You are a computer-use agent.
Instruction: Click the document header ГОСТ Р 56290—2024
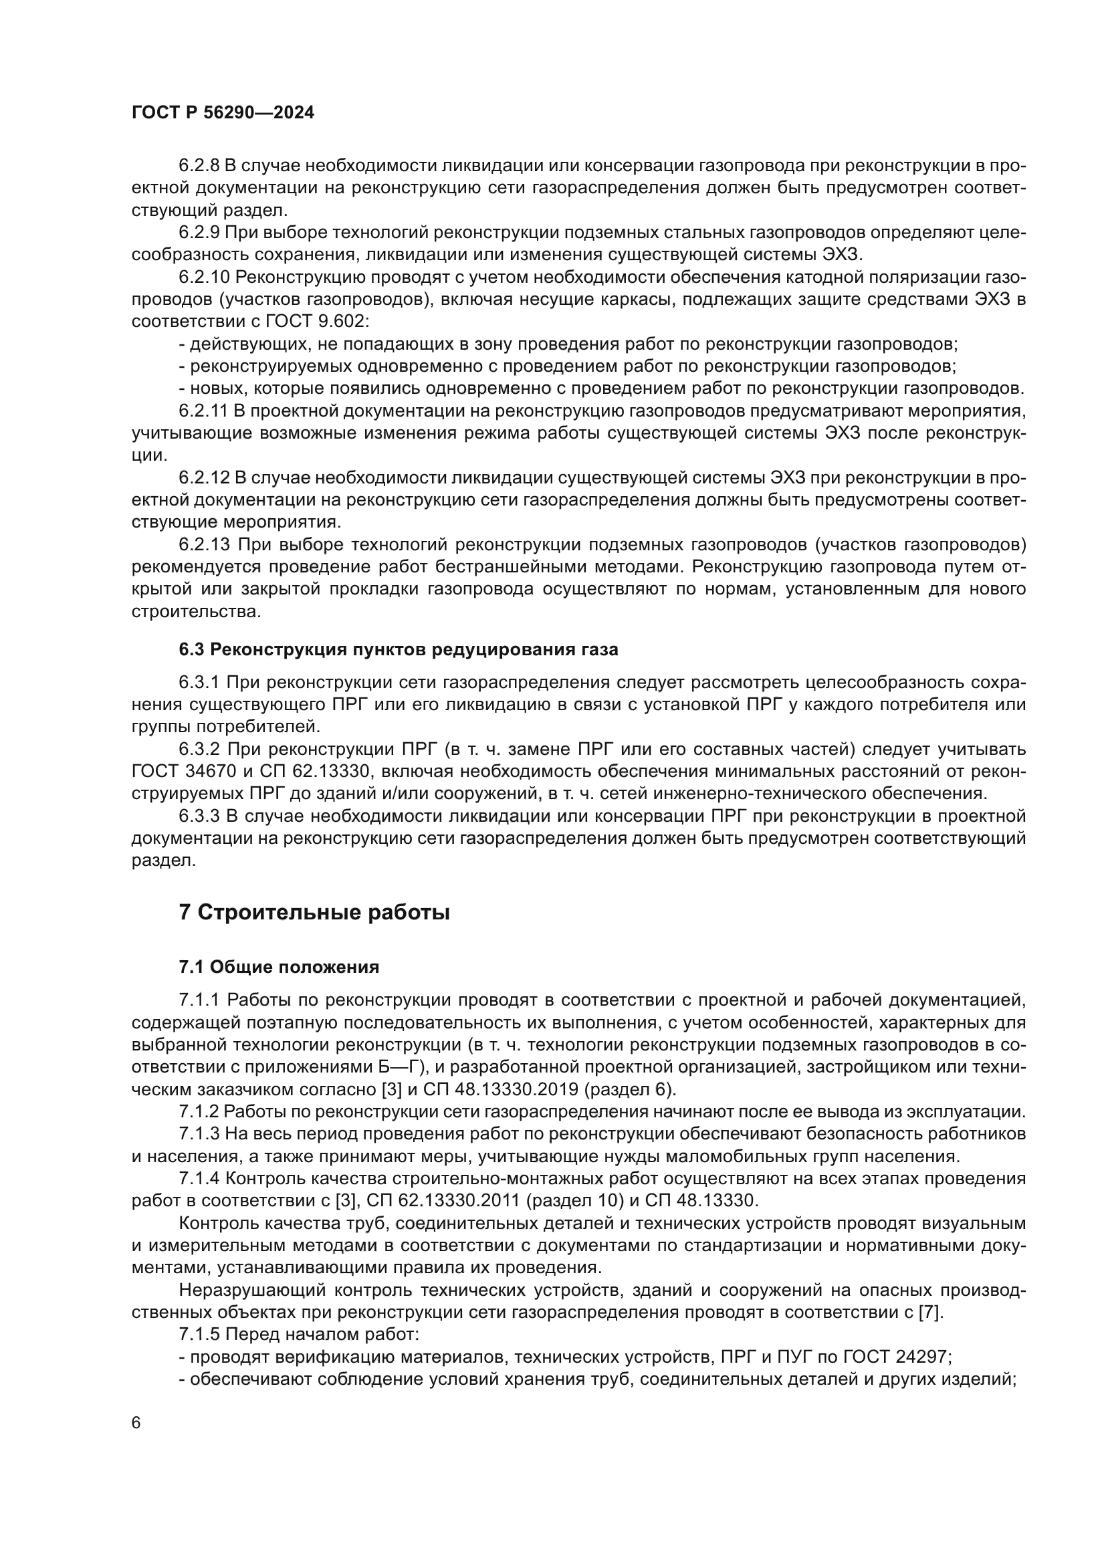pos(223,113)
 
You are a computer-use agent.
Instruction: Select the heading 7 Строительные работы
pos(314,912)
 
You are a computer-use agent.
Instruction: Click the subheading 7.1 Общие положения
pos(280,967)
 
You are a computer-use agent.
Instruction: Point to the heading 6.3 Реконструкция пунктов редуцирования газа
pos(399,649)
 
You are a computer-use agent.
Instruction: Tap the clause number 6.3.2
pos(199,750)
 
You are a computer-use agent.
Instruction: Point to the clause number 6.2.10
pos(205,277)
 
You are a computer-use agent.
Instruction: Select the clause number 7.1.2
pos(199,1112)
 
